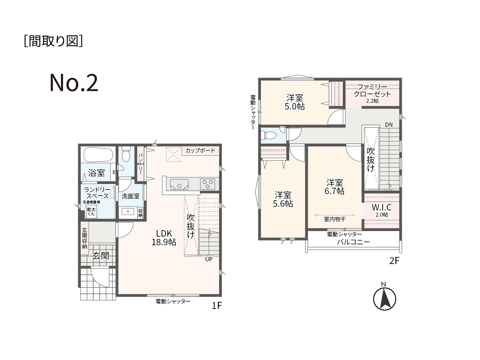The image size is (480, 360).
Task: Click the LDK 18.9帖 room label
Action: (164, 238)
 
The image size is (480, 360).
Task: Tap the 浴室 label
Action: (96, 173)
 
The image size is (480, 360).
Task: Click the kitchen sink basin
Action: (179, 184)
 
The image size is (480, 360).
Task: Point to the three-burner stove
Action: (207, 184)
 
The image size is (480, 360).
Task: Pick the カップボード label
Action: (200, 150)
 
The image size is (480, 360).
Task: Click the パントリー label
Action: (141, 163)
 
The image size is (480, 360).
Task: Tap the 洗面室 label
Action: (130, 196)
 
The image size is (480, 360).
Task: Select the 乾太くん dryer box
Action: (91, 211)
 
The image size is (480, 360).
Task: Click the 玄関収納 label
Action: (85, 238)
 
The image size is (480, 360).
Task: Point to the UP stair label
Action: (209, 259)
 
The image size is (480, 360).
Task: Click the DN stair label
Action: (389, 125)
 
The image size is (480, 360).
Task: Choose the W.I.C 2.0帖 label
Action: (382, 210)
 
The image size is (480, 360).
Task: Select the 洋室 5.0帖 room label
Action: (294, 102)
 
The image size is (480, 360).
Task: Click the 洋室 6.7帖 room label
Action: (334, 187)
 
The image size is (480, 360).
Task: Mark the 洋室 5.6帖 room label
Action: (283, 199)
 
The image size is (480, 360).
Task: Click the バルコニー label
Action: (354, 242)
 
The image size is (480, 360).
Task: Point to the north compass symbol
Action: (384, 297)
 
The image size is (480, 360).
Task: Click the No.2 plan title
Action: (74, 83)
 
